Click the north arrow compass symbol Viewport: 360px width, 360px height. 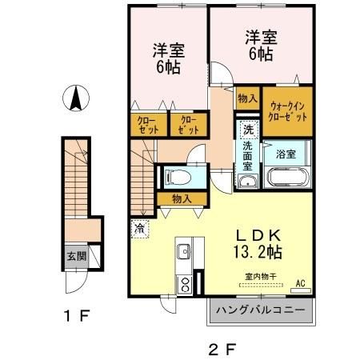(x=75, y=98)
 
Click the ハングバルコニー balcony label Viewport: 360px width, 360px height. (x=259, y=309)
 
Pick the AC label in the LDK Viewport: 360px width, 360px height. (x=301, y=283)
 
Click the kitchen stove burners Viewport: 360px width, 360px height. (x=183, y=282)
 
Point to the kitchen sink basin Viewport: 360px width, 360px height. (x=182, y=251)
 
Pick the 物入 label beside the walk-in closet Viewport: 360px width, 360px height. (x=246, y=98)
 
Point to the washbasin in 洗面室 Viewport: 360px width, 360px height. (x=247, y=182)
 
